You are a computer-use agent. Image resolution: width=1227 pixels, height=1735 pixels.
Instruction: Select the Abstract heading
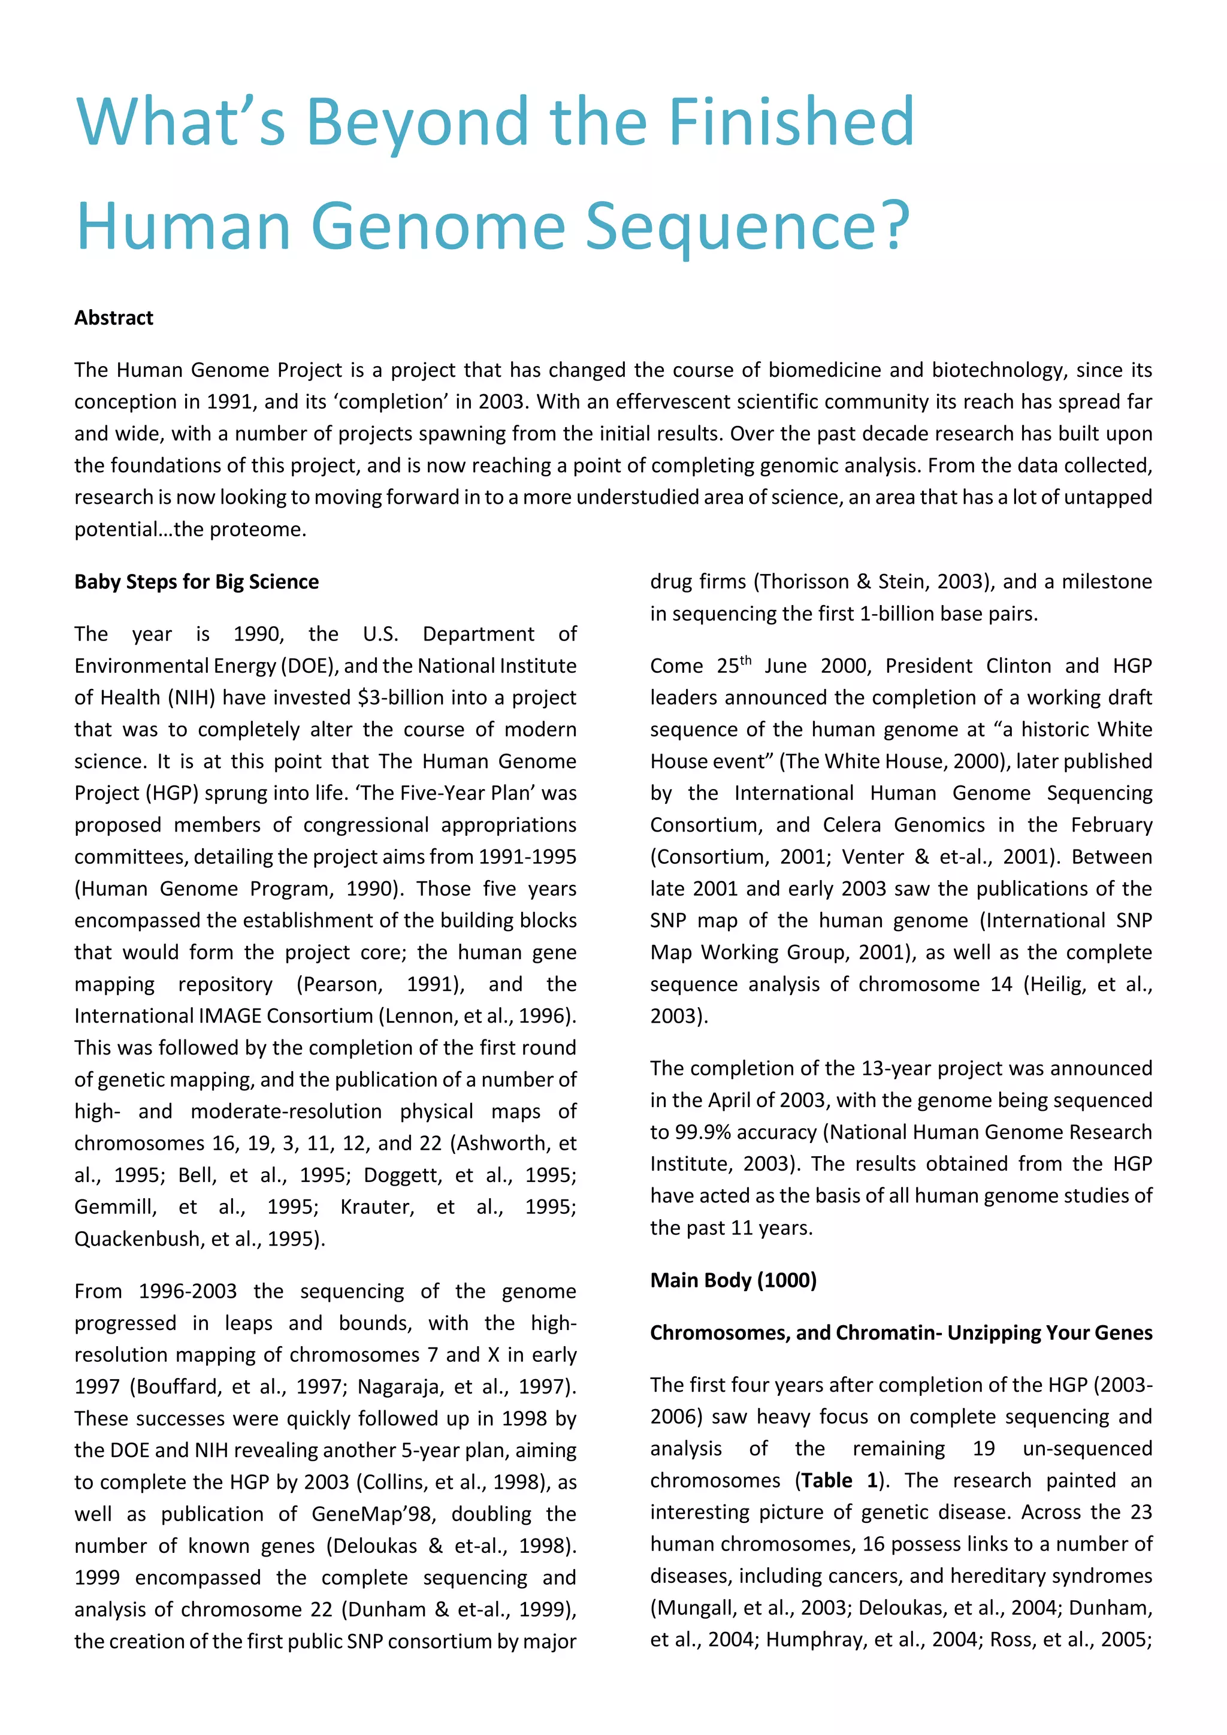pyautogui.click(x=113, y=318)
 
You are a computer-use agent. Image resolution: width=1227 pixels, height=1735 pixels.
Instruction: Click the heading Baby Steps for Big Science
pyautogui.click(x=197, y=582)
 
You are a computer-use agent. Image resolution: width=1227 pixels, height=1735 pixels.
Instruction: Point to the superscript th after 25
pyautogui.click(x=746, y=660)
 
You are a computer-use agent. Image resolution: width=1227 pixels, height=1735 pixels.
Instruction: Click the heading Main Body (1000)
pyautogui.click(x=733, y=1280)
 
